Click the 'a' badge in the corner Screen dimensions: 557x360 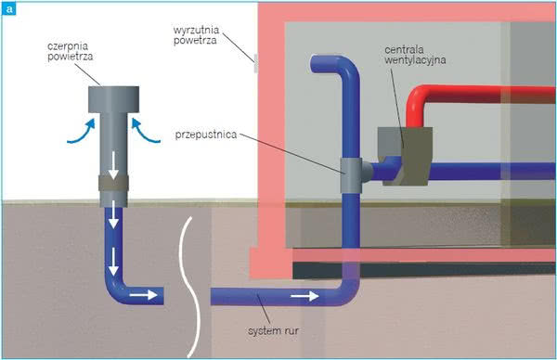[9, 9]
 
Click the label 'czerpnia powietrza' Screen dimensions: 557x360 [71, 51]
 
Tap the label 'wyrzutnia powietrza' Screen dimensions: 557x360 [197, 35]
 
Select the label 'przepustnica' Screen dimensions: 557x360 [206, 135]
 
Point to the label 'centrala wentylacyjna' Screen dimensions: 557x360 [415, 55]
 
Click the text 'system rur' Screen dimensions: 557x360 [273, 331]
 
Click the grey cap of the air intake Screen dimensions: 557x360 [113, 99]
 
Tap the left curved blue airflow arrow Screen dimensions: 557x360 [82, 133]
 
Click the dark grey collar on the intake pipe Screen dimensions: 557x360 [113, 183]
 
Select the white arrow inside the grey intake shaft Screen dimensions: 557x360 [113, 165]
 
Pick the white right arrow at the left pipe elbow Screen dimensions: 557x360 [143, 295]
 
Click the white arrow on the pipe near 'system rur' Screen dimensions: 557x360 [304, 296]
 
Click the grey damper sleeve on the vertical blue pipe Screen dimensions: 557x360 [351, 175]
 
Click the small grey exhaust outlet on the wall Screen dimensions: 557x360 [256, 63]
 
